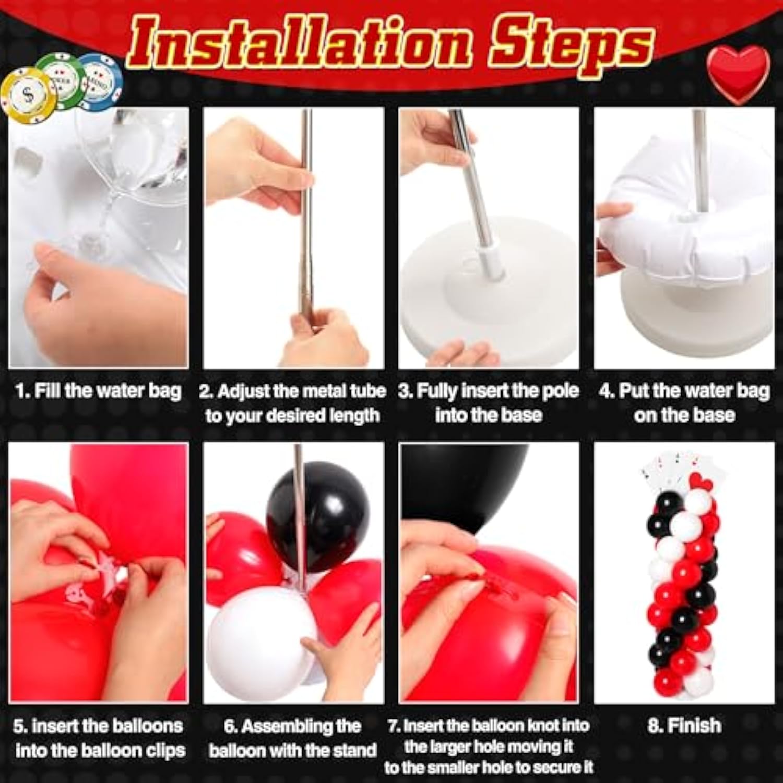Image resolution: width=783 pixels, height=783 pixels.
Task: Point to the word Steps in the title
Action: [x=572, y=44]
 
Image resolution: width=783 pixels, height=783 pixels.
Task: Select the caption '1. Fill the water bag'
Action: [x=98, y=391]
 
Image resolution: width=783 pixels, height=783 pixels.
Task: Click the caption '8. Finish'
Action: [x=684, y=725]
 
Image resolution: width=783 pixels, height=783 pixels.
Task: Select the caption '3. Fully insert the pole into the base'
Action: [x=488, y=403]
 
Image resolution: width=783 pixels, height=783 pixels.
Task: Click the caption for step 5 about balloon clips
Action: [x=99, y=738]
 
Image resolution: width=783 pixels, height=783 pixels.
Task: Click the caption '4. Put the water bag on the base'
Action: [x=684, y=403]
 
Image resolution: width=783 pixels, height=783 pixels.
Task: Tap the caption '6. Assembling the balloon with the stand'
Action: [x=293, y=738]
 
